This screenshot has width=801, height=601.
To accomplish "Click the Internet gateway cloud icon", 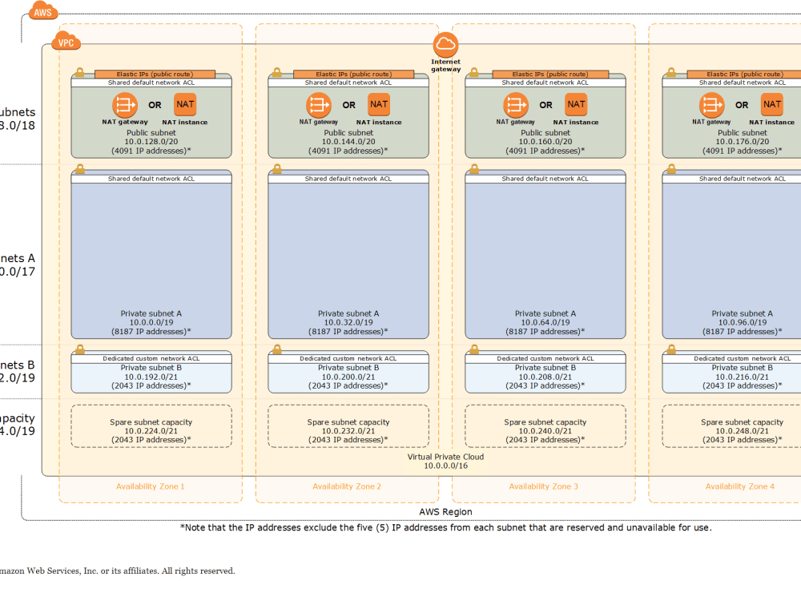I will point(445,45).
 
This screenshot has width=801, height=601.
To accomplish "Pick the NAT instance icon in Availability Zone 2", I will point(379,104).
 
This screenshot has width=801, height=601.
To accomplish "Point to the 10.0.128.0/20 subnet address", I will point(151,142).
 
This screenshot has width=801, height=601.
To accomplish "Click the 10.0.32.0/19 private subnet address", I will point(348,322).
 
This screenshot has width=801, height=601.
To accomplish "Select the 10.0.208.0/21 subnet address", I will point(545,377).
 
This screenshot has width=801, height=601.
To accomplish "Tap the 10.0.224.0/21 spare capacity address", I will point(151,431).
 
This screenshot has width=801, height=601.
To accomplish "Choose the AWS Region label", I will point(445,512).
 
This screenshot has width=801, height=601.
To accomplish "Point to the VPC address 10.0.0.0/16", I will point(445,466).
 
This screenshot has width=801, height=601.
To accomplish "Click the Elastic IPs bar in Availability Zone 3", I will point(545,74).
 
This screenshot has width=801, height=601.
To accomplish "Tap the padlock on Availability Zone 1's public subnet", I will point(79,72).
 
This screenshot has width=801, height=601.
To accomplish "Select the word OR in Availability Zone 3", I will point(545,105).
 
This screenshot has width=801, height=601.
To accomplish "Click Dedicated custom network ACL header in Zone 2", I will point(348,358).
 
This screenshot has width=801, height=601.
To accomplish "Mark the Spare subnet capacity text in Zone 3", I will point(545,422).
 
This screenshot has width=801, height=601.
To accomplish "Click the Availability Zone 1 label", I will point(151,486).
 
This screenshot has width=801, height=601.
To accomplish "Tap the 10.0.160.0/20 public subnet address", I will point(545,142).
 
